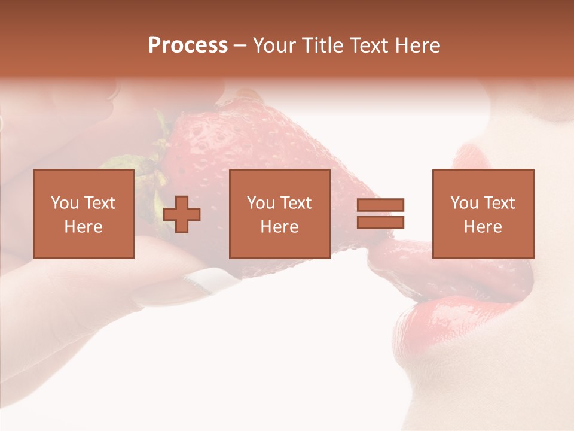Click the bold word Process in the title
(188, 45)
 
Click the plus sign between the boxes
(182, 214)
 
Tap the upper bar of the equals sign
(380, 205)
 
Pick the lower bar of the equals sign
(380, 222)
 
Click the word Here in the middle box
(279, 227)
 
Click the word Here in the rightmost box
(483, 227)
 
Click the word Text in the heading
(369, 45)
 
